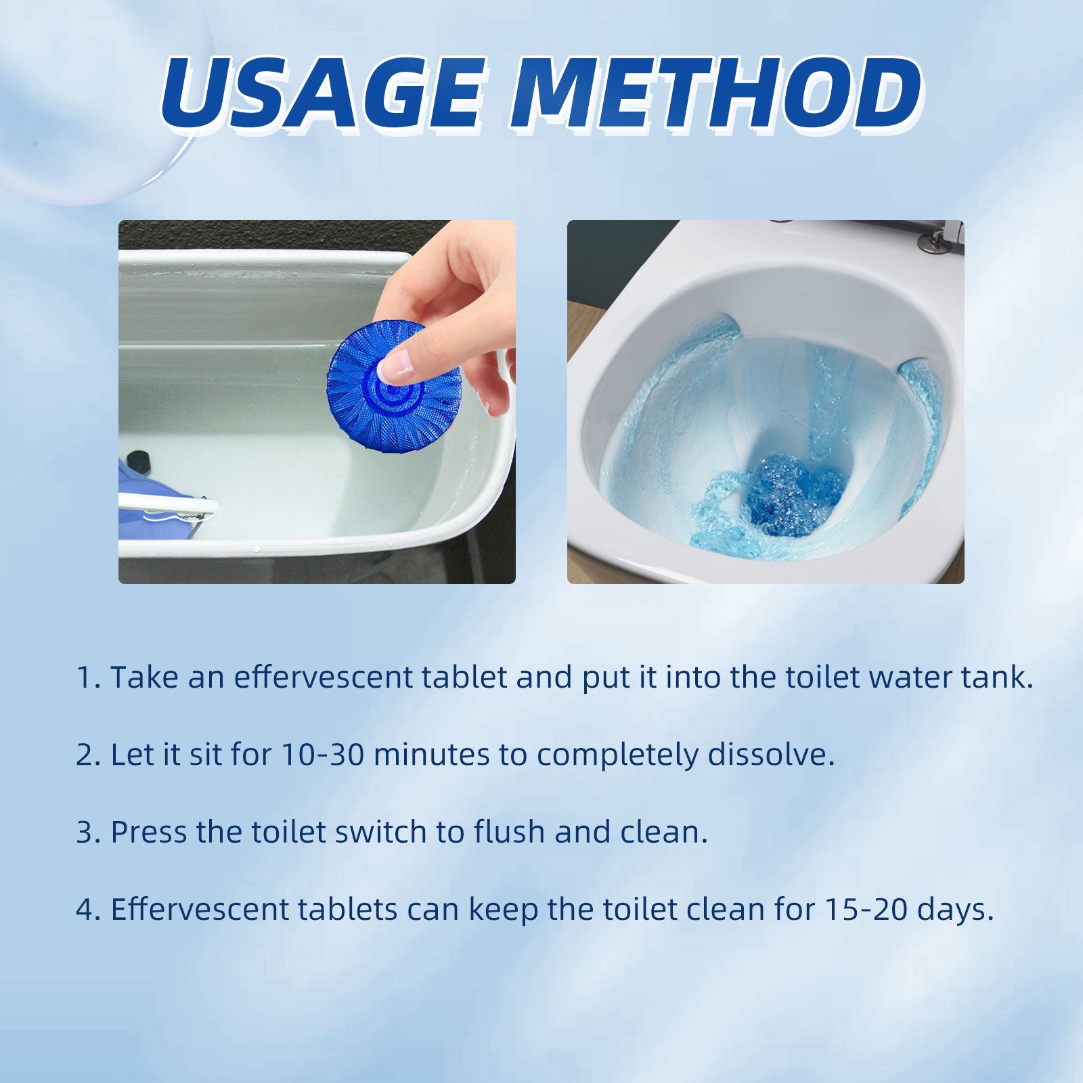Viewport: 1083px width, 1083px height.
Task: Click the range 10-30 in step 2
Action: point(322,755)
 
